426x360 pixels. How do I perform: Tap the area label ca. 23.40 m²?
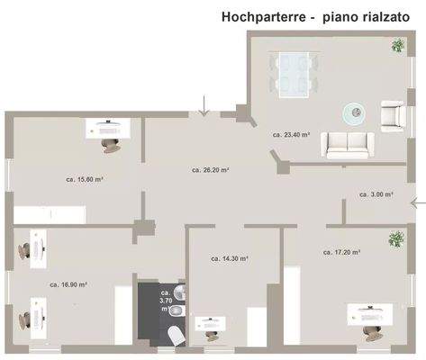(x=291, y=134)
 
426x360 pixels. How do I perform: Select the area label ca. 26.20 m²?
(x=211, y=169)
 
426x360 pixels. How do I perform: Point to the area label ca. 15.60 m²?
(x=84, y=179)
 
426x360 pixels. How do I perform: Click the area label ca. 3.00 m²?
(x=376, y=194)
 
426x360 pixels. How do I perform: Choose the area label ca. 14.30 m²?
(x=230, y=258)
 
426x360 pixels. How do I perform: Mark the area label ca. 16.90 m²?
(x=68, y=284)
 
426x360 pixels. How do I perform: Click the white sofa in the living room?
(x=349, y=142)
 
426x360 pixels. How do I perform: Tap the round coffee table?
(x=355, y=112)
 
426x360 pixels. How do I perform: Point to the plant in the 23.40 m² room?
(x=396, y=45)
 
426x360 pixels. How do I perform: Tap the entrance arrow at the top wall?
(x=204, y=107)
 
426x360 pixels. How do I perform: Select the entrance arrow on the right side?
(x=417, y=202)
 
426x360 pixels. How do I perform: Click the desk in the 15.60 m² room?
(x=107, y=129)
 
